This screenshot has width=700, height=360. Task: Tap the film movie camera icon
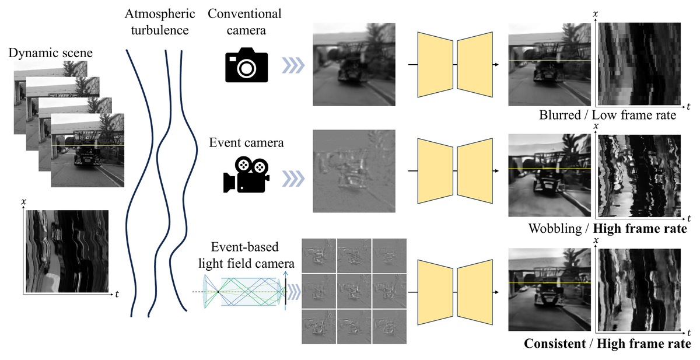(246, 174)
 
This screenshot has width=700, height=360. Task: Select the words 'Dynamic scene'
(50, 53)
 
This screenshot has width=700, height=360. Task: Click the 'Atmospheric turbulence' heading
(160, 22)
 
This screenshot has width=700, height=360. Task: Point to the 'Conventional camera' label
(244, 22)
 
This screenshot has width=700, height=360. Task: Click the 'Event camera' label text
(246, 142)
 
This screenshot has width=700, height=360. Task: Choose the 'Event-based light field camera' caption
(246, 255)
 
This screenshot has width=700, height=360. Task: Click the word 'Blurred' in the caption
(560, 115)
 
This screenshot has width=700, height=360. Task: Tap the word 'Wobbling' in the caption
(555, 229)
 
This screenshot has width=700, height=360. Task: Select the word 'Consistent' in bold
(555, 344)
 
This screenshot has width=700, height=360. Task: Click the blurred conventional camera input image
(354, 64)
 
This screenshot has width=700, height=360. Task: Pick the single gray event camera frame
(354, 171)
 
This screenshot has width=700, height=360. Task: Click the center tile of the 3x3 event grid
(354, 291)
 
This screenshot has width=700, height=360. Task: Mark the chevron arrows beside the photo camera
(293, 65)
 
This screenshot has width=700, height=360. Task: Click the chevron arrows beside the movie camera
(293, 179)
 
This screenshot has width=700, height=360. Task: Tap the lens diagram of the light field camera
(240, 292)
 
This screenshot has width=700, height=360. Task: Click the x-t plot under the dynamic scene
(67, 251)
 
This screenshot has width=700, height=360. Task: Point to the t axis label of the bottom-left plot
(117, 294)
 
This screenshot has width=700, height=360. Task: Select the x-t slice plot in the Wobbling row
(639, 176)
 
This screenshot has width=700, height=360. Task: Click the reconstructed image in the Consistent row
(549, 289)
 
